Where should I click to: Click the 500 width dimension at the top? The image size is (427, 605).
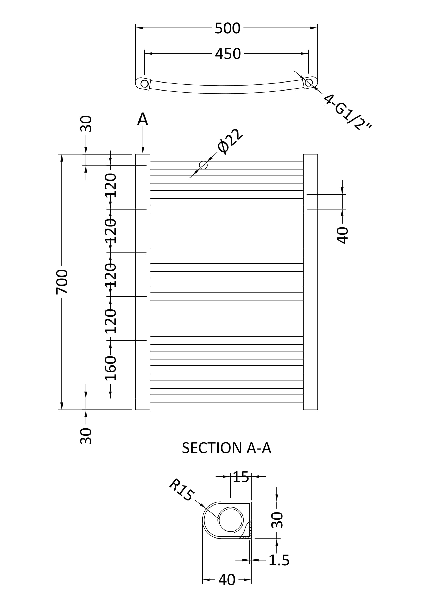coord(228,28)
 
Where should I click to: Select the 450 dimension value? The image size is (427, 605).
coord(228,54)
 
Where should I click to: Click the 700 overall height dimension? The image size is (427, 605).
coord(62,282)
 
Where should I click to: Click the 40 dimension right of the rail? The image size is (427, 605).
coord(342,235)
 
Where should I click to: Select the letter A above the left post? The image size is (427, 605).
coord(143,119)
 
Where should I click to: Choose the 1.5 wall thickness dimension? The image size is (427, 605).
coord(279,560)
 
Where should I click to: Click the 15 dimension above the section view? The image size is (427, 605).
coord(240,477)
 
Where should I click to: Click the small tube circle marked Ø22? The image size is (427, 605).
coord(203,165)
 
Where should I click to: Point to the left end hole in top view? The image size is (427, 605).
coord(144,84)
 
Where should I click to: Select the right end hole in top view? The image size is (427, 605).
coord(308,83)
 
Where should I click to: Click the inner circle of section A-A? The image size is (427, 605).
coord(230,520)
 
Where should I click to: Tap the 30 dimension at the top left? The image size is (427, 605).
coord(86,124)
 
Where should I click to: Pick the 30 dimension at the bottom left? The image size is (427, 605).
coord(86,436)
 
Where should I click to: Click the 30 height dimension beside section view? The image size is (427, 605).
coord(277,520)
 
